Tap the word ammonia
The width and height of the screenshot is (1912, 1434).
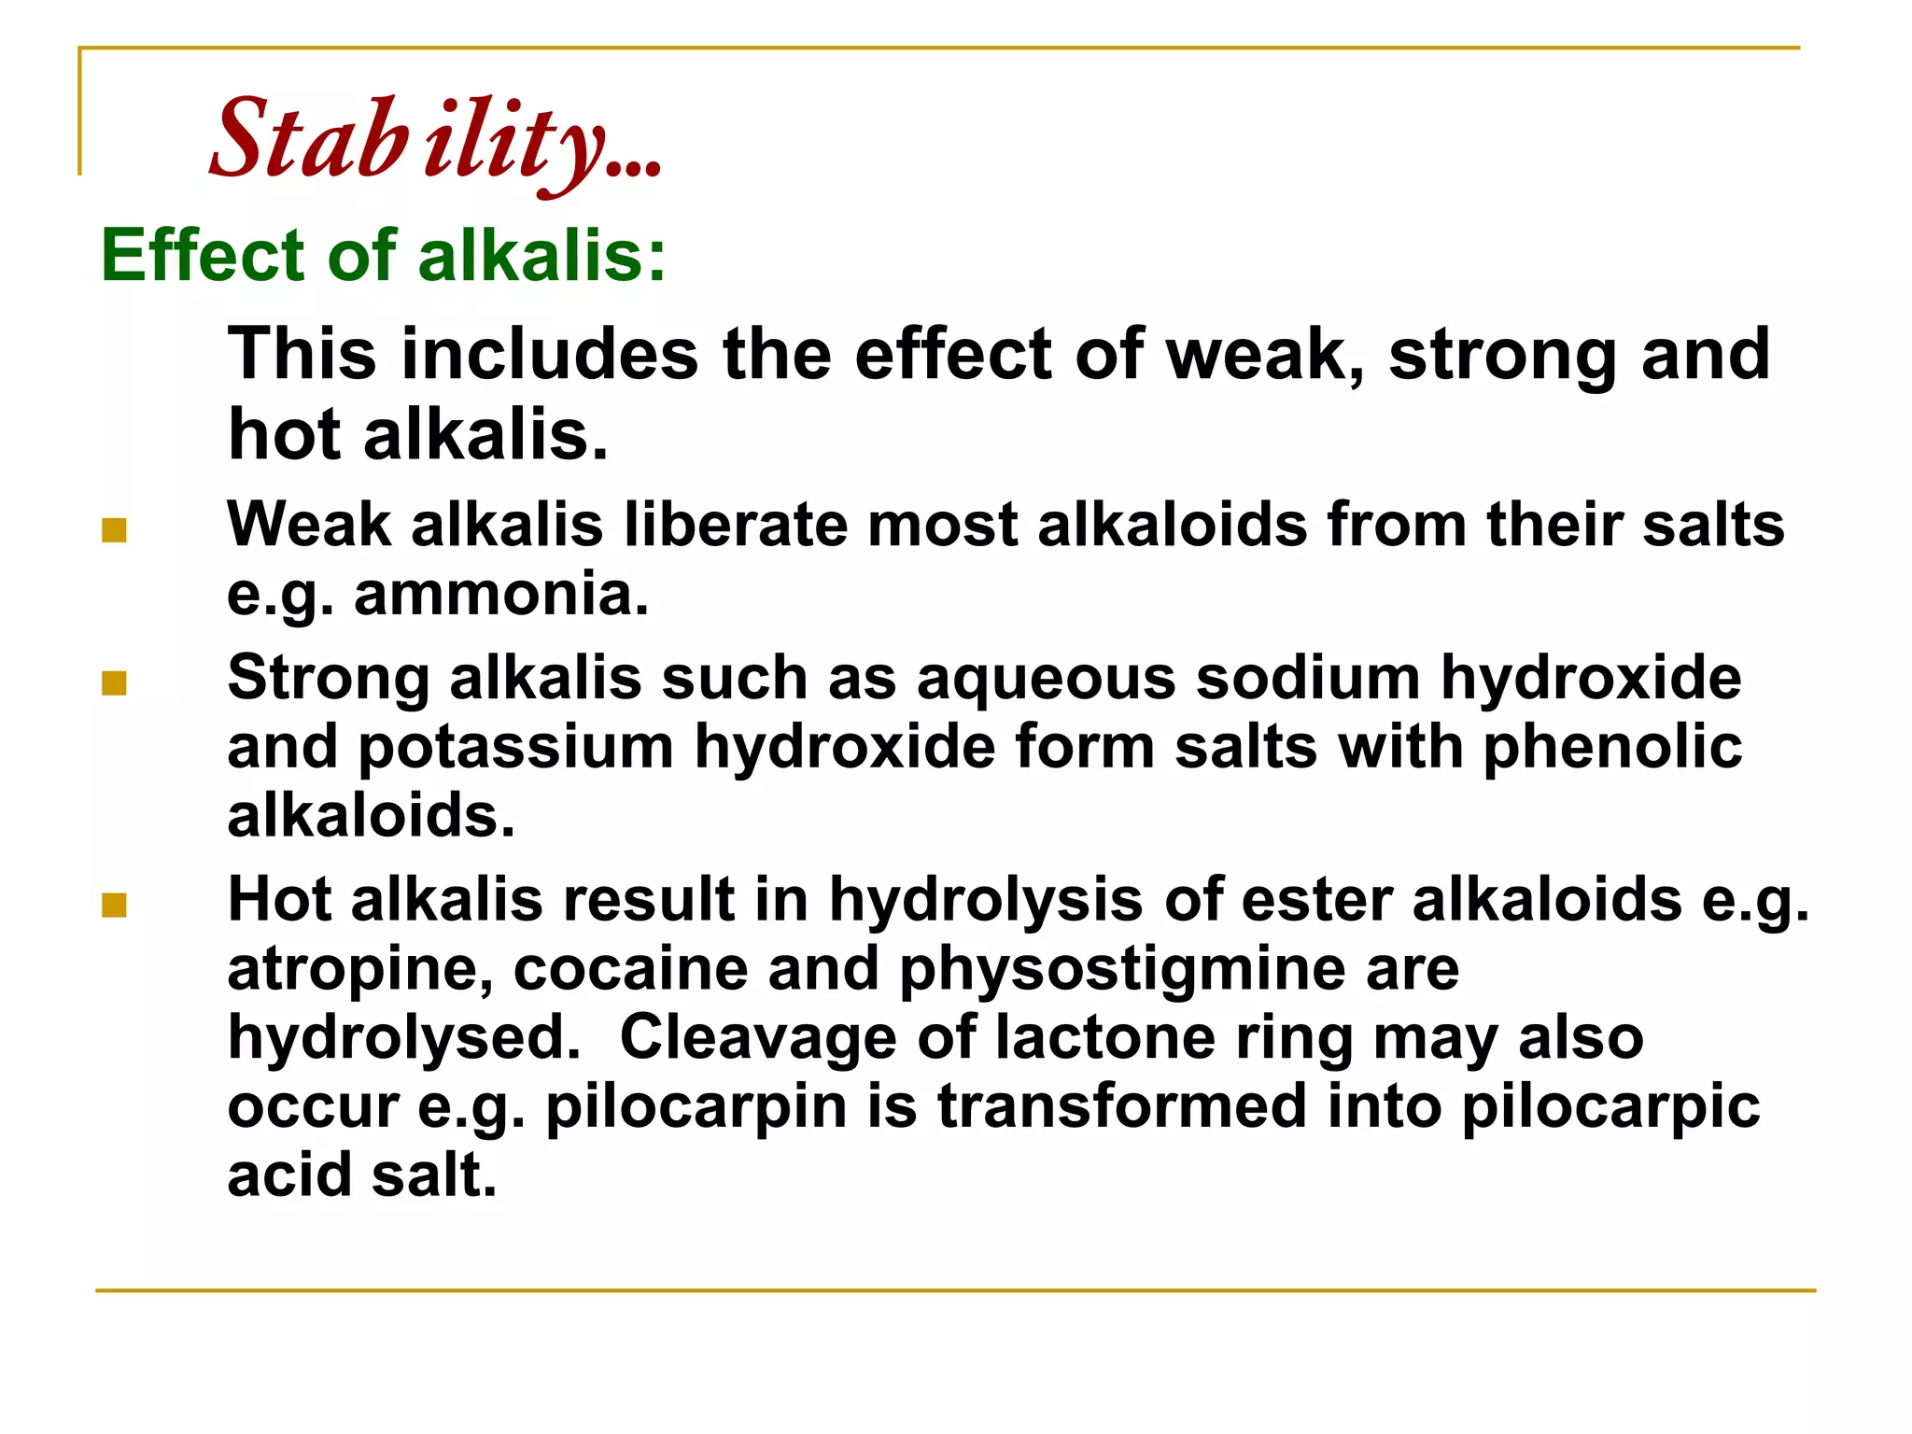(500, 594)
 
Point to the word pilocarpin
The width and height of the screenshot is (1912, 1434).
(696, 1108)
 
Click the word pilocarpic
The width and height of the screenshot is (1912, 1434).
(1610, 1108)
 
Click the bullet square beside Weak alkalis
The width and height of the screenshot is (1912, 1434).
(114, 531)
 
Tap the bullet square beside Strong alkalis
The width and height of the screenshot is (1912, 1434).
(114, 684)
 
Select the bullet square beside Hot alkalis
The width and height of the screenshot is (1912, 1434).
(114, 906)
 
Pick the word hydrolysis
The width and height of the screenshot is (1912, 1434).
(986, 901)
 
